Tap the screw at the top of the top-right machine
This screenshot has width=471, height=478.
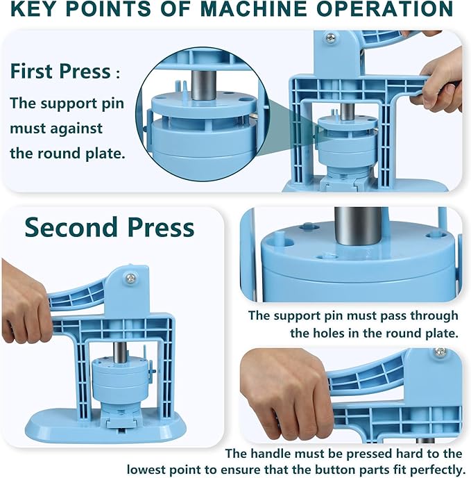click(330, 39)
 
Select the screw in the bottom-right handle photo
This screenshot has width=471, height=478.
click(438, 353)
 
